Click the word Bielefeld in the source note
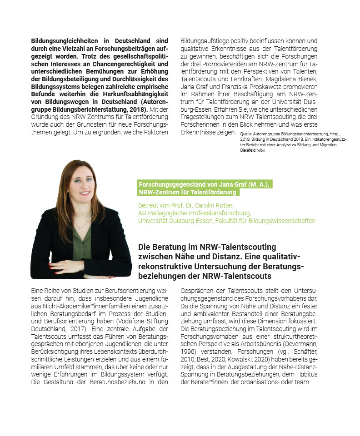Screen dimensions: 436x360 click(x=246, y=150)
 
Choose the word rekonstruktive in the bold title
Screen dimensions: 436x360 click(x=162, y=267)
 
